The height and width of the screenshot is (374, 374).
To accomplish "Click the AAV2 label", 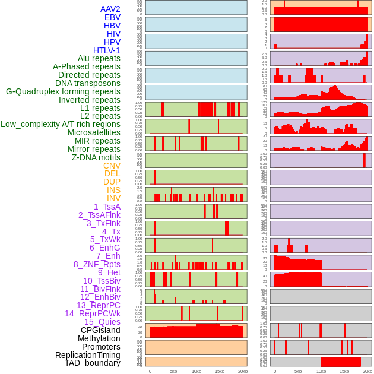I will pyautogui.click(x=110, y=9).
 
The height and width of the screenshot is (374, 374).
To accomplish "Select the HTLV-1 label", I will pyautogui.click(x=106, y=50).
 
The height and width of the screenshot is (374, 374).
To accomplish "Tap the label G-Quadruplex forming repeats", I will pyautogui.click(x=63, y=91).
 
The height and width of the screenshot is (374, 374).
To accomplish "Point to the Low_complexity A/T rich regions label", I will pyautogui.click(x=61, y=124).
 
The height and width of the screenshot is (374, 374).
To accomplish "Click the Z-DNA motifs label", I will pyautogui.click(x=96, y=157).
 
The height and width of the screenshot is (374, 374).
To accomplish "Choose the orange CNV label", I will pyautogui.click(x=112, y=166).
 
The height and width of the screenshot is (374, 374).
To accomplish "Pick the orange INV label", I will pyautogui.click(x=113, y=198).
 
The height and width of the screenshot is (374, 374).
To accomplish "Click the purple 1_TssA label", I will pyautogui.click(x=107, y=207).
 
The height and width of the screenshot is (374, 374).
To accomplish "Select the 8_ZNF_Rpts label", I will pyautogui.click(x=97, y=264).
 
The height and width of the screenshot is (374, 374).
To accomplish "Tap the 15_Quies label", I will pyautogui.click(x=102, y=322).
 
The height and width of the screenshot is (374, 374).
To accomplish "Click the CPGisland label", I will pyautogui.click(x=100, y=330).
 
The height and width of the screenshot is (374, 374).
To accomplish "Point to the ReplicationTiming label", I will pyautogui.click(x=88, y=355).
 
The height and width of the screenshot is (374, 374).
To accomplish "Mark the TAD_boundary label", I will pyautogui.click(x=92, y=363).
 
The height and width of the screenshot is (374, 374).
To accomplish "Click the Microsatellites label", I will pyautogui.click(x=94, y=132).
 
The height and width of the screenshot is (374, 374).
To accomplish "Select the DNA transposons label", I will pyautogui.click(x=88, y=83).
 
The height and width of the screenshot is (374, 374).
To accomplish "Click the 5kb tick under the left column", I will pyautogui.click(x=173, y=371).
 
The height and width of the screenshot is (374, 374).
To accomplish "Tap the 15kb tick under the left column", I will pyautogui.click(x=220, y=371).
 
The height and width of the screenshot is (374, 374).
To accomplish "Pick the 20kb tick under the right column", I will pyautogui.click(x=367, y=371).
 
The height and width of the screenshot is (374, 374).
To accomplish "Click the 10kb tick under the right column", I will pyautogui.click(x=321, y=371).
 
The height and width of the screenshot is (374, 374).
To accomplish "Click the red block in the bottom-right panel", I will pyautogui.click(x=341, y=362).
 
